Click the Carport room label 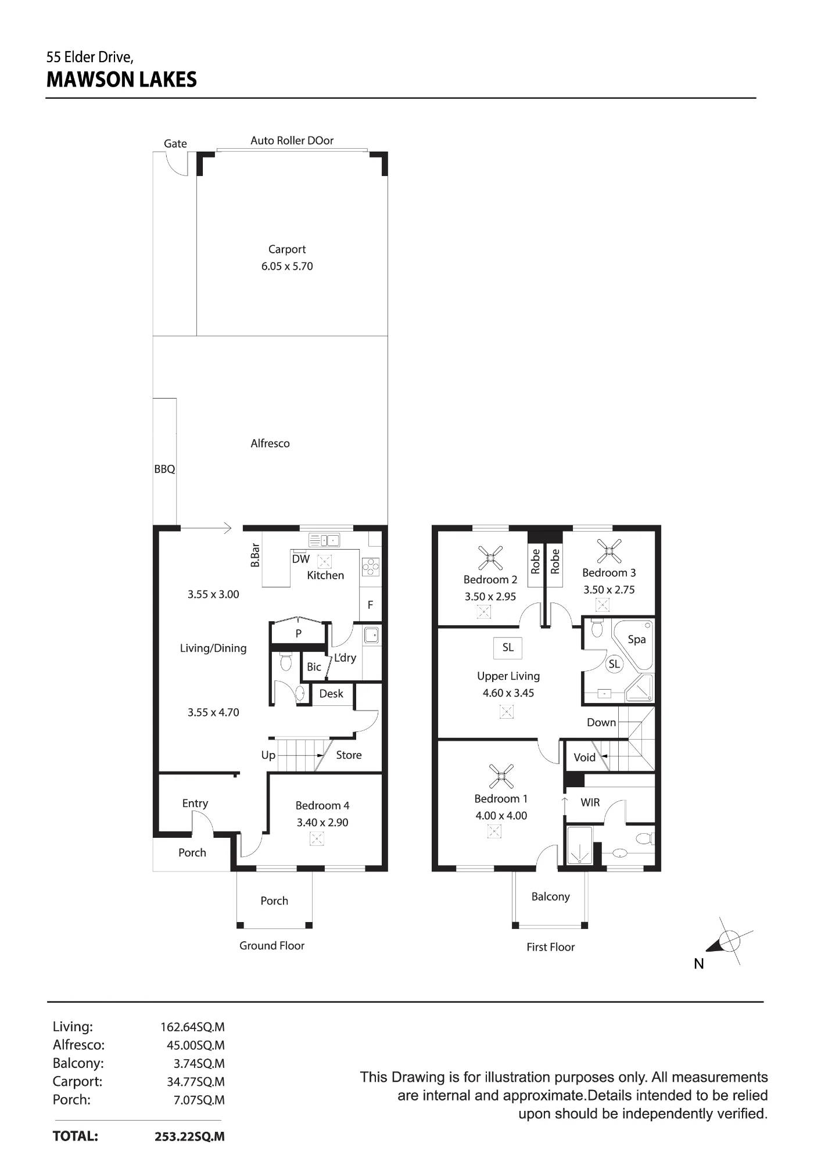click(287, 249)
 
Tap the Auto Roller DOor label click(292, 141)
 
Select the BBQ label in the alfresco click(164, 469)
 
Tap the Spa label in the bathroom click(637, 639)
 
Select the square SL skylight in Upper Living click(508, 648)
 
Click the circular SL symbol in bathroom click(614, 664)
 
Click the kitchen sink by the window click(324, 540)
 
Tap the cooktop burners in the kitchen click(370, 566)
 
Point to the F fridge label click(370, 605)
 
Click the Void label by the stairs click(584, 757)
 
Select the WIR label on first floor click(590, 802)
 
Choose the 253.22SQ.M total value click(189, 1137)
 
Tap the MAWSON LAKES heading click(121, 80)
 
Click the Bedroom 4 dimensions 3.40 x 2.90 click(322, 823)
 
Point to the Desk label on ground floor click(331, 694)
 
